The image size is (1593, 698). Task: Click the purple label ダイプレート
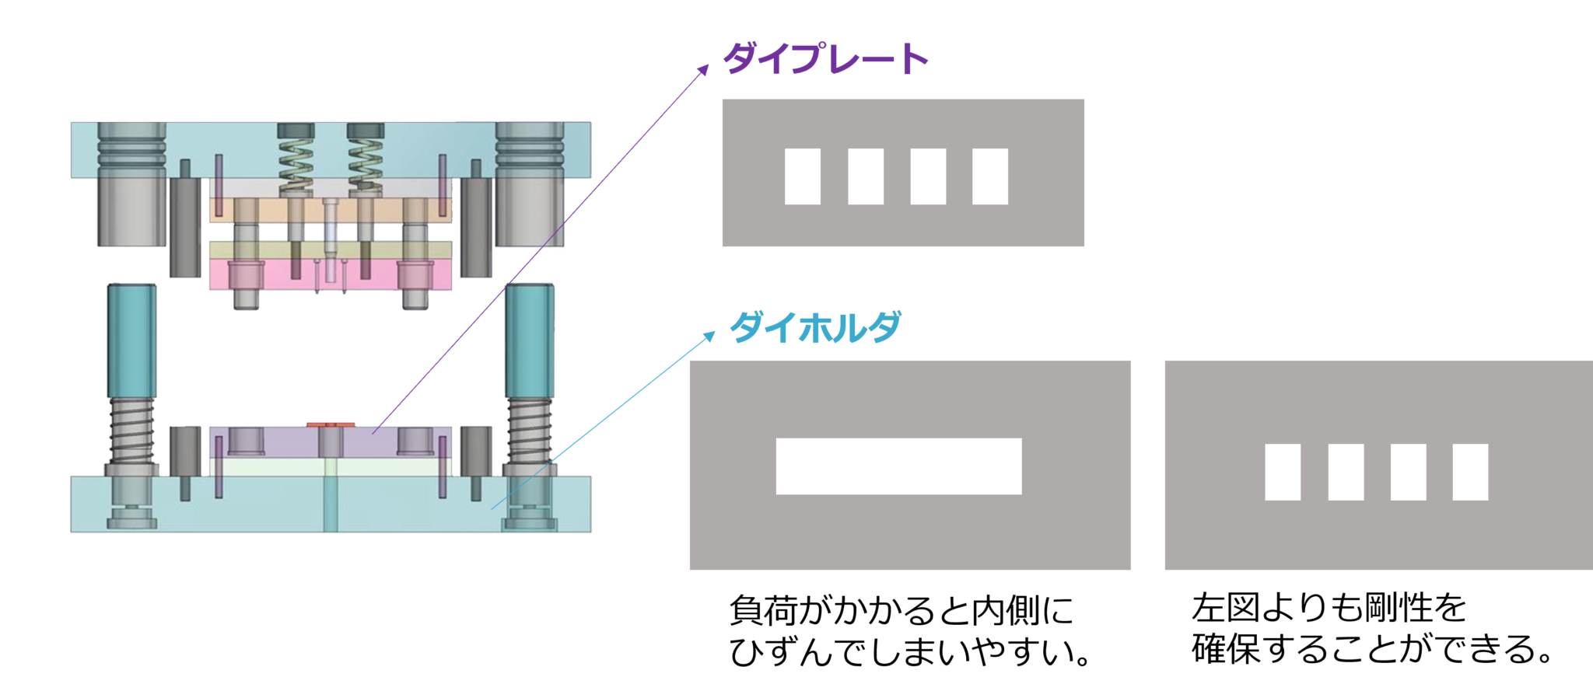click(x=826, y=58)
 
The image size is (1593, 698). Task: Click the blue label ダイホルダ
click(x=815, y=326)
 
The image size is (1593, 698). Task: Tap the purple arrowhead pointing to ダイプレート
click(x=703, y=69)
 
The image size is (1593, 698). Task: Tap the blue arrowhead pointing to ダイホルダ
click(x=709, y=337)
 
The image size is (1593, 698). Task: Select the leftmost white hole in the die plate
click(x=802, y=176)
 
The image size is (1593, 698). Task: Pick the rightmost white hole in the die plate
click(x=990, y=176)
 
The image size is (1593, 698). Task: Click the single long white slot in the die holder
click(x=898, y=466)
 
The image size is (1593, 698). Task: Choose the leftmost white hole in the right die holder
click(x=1283, y=472)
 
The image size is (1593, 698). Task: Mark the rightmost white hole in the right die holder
click(x=1470, y=472)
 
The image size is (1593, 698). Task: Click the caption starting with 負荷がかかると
click(x=902, y=611)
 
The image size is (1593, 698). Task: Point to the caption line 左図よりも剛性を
click(x=1329, y=607)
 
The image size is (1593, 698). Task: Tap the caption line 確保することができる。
click(x=1373, y=648)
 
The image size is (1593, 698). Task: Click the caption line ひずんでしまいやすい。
click(x=910, y=651)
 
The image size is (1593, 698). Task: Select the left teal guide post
click(x=131, y=341)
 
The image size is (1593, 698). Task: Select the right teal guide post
click(x=530, y=341)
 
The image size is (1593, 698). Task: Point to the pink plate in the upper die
click(x=331, y=274)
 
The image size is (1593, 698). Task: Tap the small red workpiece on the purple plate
click(x=331, y=424)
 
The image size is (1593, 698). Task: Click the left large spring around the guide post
click(x=131, y=431)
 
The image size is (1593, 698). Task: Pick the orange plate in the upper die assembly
click(x=331, y=210)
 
